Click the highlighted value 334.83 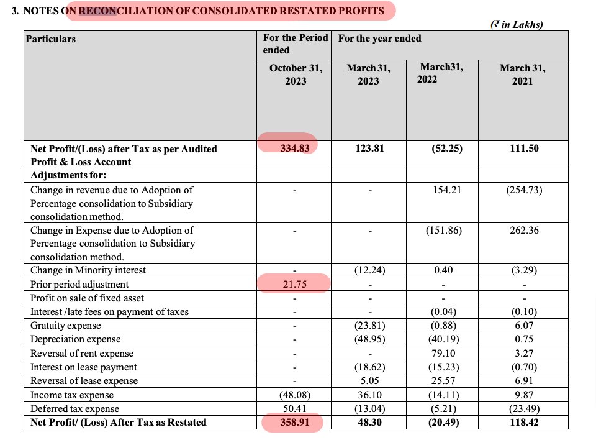[x=296, y=149]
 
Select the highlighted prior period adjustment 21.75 [x=296, y=284]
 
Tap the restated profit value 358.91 [x=296, y=423]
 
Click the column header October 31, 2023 [x=296, y=75]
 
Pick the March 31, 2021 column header [x=522, y=75]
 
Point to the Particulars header [x=51, y=39]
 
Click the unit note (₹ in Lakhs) [x=517, y=25]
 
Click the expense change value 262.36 [x=522, y=230]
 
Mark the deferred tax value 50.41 [x=296, y=409]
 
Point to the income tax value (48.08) [x=296, y=395]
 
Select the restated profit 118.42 [x=522, y=423]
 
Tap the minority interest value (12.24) [x=369, y=270]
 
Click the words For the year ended [x=380, y=39]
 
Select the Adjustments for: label [x=68, y=175]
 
